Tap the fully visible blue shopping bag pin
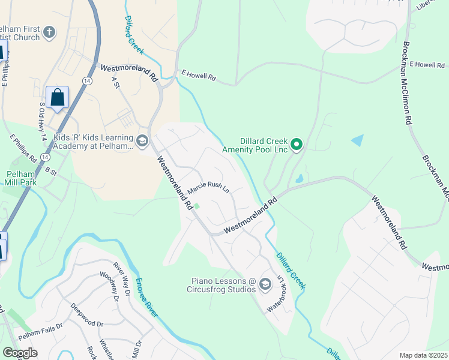[x=57, y=97]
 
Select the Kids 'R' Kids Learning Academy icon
[x=142, y=141]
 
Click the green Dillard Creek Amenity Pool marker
[x=296, y=144]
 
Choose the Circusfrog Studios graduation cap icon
[x=265, y=286]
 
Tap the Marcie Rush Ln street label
[x=208, y=188]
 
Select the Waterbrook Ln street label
[x=276, y=294]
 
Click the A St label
[x=116, y=83]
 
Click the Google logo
[x=20, y=353]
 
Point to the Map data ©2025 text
[x=423, y=355]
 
